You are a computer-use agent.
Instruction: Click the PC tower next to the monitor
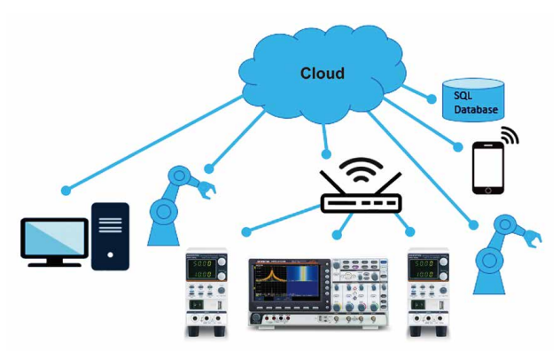(111, 236)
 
